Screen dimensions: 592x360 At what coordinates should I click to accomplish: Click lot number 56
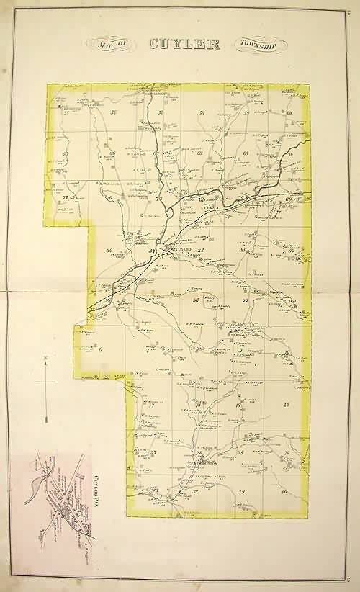pos(114,113)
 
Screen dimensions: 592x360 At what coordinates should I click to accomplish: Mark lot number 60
pos(289,113)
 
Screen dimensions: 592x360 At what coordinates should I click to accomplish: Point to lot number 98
pos(195,300)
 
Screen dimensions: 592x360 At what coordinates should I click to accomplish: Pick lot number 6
pos(100,350)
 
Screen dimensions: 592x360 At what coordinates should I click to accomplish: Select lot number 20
pos(287,405)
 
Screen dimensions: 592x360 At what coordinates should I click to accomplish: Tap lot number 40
pos(285,491)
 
